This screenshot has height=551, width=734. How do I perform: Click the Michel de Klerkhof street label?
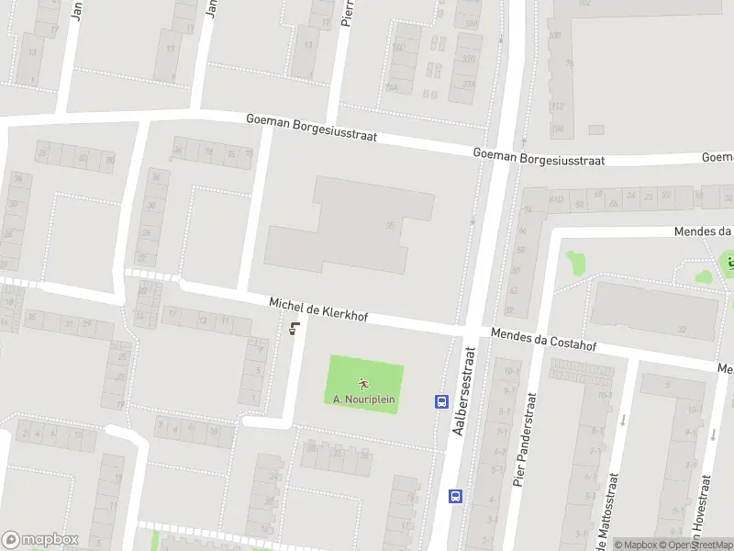(318, 309)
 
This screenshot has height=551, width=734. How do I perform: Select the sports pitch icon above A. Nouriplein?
(364, 383)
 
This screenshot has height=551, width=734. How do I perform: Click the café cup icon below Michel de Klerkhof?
(294, 329)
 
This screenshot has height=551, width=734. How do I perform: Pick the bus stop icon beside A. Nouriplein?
(441, 400)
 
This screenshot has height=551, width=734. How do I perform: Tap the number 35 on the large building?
(391, 225)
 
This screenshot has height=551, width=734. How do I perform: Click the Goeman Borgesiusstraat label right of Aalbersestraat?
(539, 157)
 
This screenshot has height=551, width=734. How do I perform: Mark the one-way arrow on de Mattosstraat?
(623, 420)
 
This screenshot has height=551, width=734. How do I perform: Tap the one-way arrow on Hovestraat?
(709, 433)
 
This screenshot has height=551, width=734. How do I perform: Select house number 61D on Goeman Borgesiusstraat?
(556, 197)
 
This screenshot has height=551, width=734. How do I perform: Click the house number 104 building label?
(557, 130)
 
